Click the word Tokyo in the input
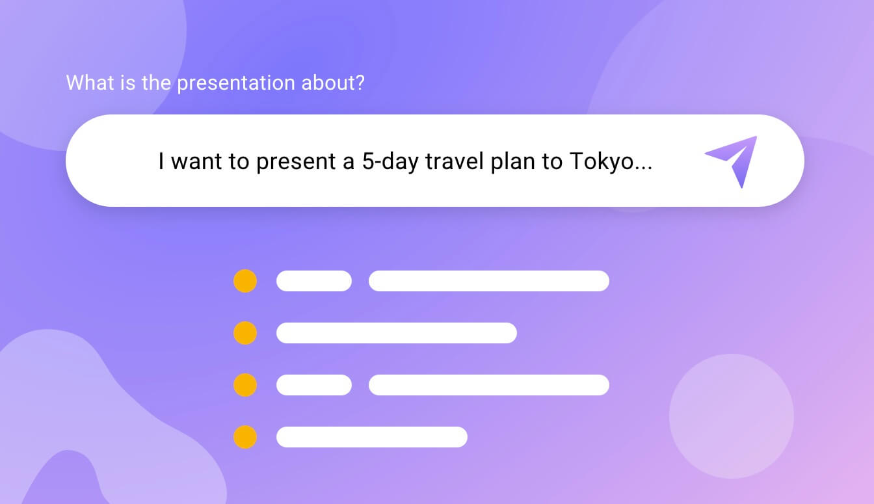tap(602, 161)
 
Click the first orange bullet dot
tap(245, 281)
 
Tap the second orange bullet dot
tap(245, 333)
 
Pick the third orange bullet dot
tap(245, 385)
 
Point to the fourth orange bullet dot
tap(245, 437)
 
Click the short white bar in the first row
tap(314, 281)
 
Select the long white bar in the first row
tap(489, 281)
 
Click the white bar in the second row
tap(397, 333)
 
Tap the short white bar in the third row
tap(314, 385)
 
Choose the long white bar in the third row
tap(489, 385)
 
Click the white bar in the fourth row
tap(372, 437)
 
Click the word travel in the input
tap(455, 161)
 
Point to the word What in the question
tap(90, 83)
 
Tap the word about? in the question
tap(333, 83)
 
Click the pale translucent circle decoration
tap(732, 416)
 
